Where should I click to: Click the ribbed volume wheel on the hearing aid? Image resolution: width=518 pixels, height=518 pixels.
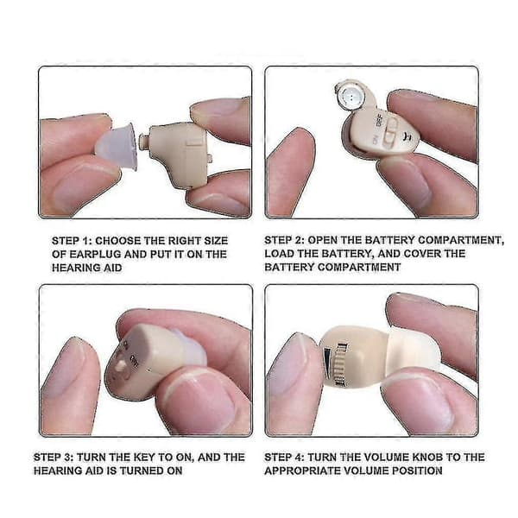[341, 363]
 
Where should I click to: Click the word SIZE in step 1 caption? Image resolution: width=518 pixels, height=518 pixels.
[216, 241]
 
